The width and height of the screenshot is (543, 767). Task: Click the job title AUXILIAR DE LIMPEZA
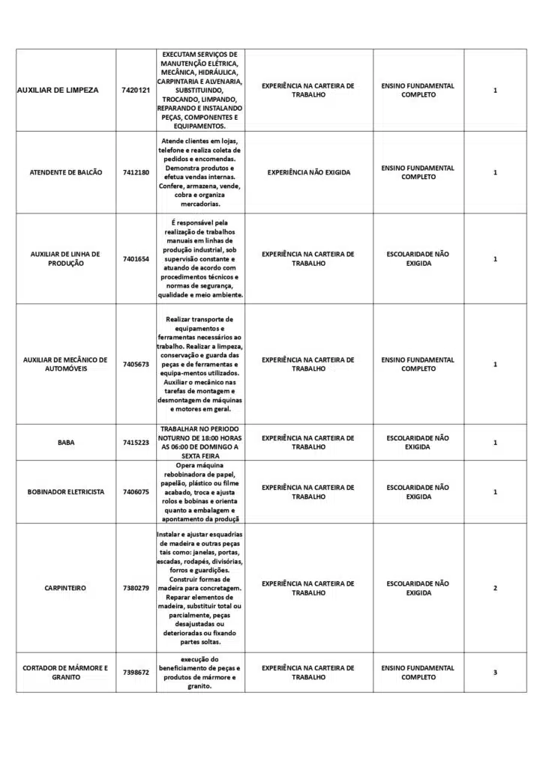[x=57, y=90]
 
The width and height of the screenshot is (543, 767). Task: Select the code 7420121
[x=136, y=90]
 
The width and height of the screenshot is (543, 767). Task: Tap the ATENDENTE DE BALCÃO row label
[x=65, y=172]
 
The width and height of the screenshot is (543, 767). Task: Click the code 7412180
[x=136, y=172]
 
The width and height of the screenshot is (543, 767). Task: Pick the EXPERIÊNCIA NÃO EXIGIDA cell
[x=308, y=172]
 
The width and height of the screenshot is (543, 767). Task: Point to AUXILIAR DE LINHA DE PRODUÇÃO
[x=65, y=258]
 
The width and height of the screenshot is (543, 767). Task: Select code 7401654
[x=136, y=258]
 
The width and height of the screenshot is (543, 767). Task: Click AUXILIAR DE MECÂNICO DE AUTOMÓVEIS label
[x=65, y=364]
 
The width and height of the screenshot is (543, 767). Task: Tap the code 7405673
[x=136, y=364]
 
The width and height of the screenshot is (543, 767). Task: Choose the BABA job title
[x=65, y=443]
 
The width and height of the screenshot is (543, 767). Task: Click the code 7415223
[x=136, y=443]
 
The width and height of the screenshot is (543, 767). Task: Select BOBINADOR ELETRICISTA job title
[x=65, y=492]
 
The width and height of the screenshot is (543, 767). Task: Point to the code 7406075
[x=136, y=492]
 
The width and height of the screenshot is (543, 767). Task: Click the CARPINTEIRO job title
[x=65, y=588]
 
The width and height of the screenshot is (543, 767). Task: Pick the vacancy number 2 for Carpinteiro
[x=495, y=588]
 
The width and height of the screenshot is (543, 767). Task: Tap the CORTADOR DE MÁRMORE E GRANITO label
[x=65, y=672]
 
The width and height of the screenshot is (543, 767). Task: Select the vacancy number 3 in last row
[x=495, y=672]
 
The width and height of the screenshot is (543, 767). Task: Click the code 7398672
[x=136, y=672]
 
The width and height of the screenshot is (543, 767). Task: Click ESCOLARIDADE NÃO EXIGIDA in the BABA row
[x=418, y=443]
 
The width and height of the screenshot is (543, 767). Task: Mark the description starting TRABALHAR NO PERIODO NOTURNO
[x=199, y=443]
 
